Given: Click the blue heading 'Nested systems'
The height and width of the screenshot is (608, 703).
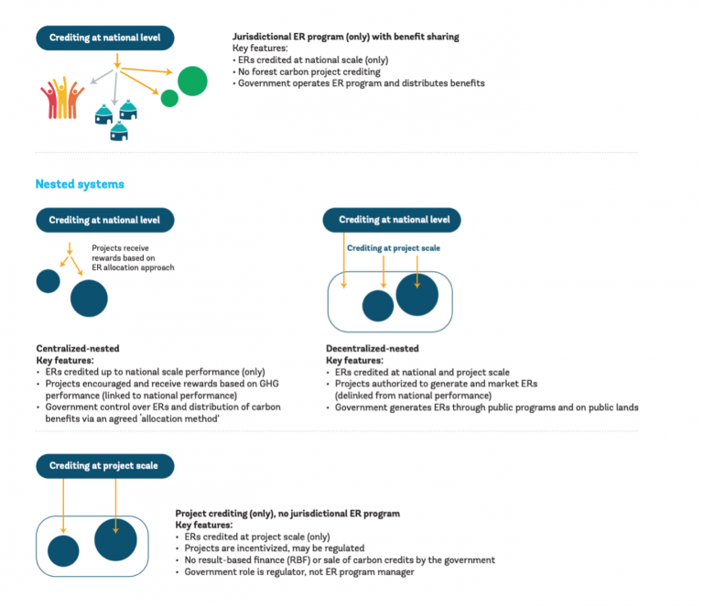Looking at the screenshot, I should (80, 184).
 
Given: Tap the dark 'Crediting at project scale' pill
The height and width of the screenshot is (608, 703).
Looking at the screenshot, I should (104, 466).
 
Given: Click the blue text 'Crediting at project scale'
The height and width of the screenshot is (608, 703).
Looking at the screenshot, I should (395, 247).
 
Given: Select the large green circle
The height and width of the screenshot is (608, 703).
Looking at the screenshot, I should (192, 81).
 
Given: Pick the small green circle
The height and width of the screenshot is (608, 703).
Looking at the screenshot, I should (169, 98).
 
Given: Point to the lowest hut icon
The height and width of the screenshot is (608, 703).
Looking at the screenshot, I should (119, 131).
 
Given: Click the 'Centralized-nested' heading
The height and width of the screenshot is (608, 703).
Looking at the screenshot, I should (78, 349).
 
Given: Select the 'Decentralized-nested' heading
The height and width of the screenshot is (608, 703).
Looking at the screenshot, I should (373, 349).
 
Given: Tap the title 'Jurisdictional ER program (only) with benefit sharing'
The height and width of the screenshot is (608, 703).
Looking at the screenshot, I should (345, 38).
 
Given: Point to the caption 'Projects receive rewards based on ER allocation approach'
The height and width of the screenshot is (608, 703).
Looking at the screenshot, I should (133, 257).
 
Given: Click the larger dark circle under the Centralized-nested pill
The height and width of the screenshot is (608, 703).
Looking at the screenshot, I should (89, 298).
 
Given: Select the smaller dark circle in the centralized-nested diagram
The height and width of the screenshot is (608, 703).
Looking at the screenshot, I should (49, 281).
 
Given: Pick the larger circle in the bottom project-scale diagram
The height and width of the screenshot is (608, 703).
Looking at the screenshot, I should (115, 539).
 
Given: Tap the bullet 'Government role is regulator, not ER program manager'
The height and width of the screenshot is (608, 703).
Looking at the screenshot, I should (299, 571).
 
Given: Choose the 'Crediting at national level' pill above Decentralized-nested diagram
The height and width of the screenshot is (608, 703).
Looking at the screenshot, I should (392, 220).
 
